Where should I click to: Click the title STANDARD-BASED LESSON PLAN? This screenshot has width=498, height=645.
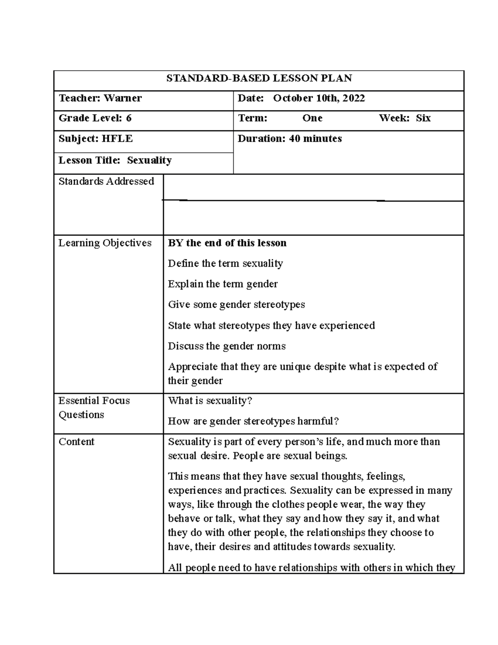[259, 78]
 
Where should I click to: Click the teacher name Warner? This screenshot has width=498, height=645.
[122, 98]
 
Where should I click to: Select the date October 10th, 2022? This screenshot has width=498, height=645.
[319, 98]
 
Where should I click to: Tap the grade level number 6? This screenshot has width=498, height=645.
[129, 118]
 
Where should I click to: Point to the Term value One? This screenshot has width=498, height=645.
[312, 118]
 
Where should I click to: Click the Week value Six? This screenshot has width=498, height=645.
[423, 118]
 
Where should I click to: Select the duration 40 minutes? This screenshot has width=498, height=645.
[315, 139]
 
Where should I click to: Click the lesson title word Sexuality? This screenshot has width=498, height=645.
[149, 160]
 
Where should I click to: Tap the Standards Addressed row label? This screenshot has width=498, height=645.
[106, 181]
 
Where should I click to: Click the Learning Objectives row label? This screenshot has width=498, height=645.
[105, 243]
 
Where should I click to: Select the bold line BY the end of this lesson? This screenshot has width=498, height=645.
[227, 243]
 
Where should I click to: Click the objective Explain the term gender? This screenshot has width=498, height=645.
[222, 284]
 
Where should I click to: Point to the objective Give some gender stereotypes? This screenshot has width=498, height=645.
[236, 304]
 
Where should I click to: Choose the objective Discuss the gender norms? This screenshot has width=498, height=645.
[227, 346]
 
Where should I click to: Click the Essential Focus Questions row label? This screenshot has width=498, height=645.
[94, 407]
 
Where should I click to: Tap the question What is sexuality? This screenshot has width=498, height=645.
[210, 401]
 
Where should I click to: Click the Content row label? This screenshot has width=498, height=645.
[76, 442]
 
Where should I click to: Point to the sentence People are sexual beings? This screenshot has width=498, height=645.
[290, 456]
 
